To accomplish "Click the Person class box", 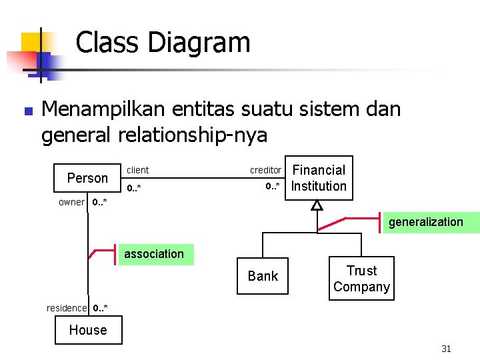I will click(87, 178).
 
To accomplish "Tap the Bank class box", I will click(263, 276).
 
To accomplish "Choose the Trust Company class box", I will click(361, 279).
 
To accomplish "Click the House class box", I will click(88, 330).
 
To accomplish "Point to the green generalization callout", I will click(426, 222).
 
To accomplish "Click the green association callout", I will click(155, 254).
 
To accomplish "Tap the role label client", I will click(138, 171).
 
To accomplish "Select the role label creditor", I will click(265, 171).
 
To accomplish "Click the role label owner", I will click(71, 202).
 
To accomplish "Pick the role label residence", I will click(67, 308).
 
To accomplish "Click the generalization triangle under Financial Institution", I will click(317, 205).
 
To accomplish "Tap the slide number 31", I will click(447, 349).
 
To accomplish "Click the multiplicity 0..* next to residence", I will click(100, 308).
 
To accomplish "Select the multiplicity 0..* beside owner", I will click(99, 202).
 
